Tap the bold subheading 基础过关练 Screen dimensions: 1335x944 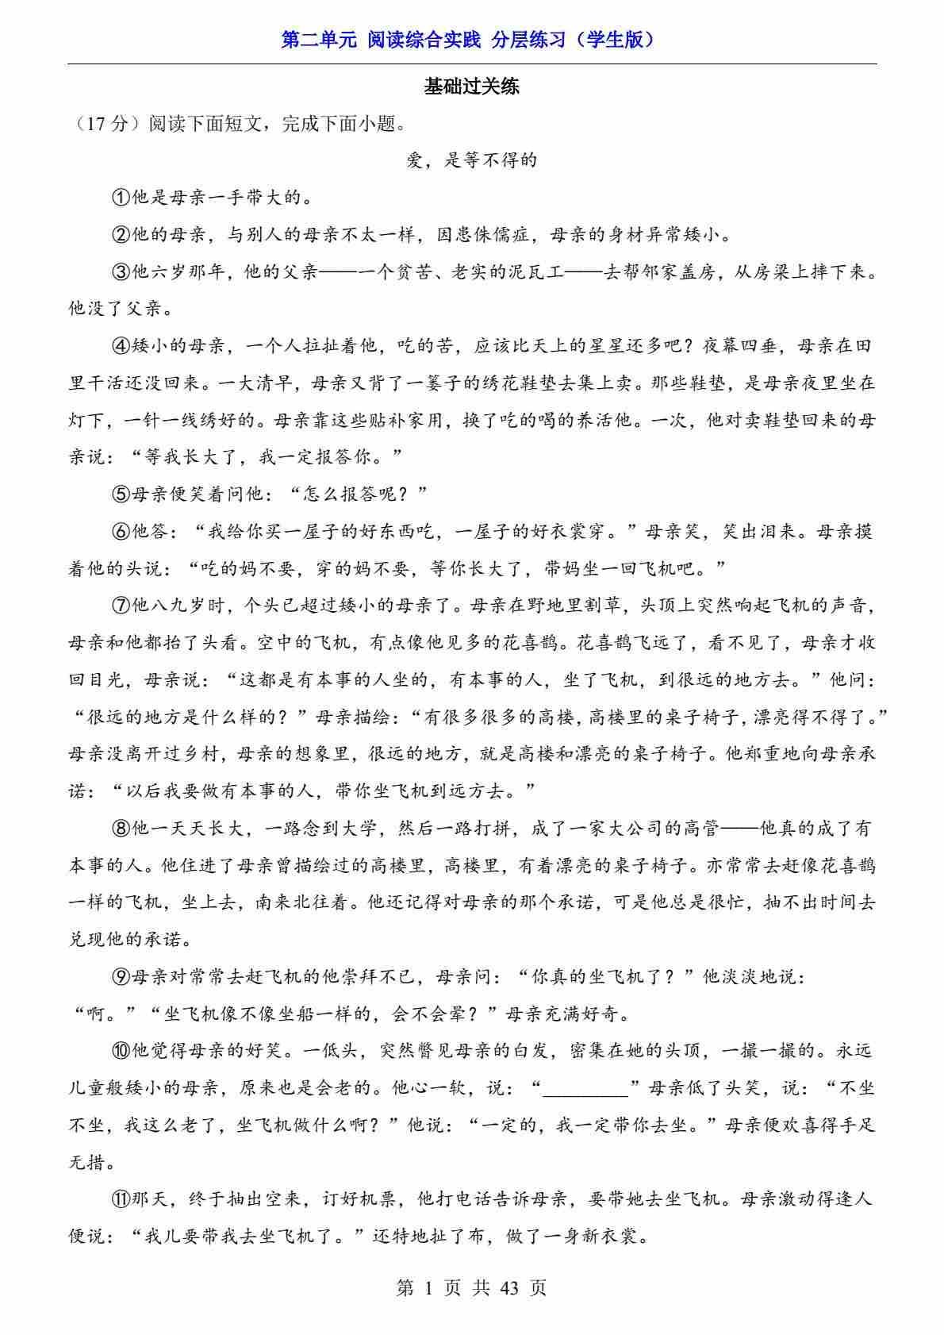(x=471, y=87)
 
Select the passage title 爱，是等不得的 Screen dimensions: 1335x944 (x=471, y=160)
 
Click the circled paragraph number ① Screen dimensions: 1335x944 (x=121, y=198)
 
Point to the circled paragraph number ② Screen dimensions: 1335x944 (x=121, y=235)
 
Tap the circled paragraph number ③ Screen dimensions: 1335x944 (x=121, y=272)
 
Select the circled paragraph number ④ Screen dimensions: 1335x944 (x=121, y=346)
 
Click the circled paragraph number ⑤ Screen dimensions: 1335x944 (x=121, y=494)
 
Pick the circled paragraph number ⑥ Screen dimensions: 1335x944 (x=121, y=532)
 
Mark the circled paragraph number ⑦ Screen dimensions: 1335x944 (x=121, y=606)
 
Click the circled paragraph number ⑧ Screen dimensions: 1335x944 (x=121, y=829)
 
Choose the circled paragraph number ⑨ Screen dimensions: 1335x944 (x=121, y=977)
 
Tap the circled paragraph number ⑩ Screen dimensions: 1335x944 (x=121, y=1051)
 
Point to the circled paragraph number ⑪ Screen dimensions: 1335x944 (x=121, y=1199)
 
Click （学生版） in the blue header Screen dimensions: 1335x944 (x=616, y=40)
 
